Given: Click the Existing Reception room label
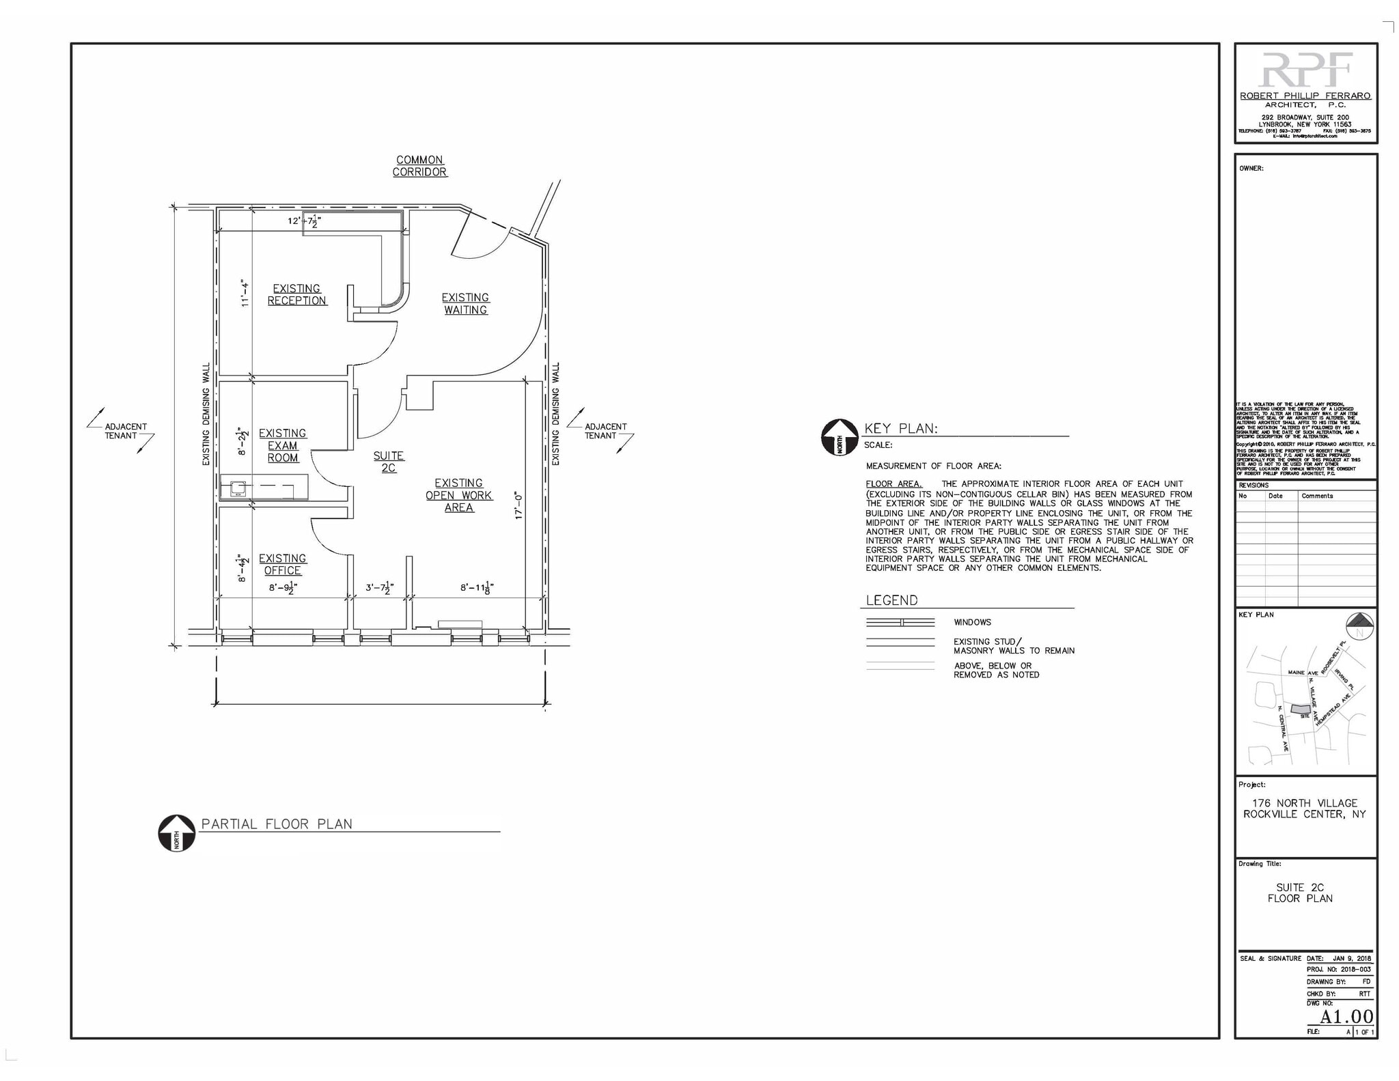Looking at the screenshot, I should (x=296, y=294).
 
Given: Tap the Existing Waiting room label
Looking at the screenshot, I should (x=465, y=303).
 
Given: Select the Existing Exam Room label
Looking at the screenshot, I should (x=282, y=445).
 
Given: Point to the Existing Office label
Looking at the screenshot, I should (x=282, y=564).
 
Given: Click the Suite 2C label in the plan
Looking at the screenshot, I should (x=388, y=462).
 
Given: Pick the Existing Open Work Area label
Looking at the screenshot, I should (x=458, y=495).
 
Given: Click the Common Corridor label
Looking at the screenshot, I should (x=419, y=166).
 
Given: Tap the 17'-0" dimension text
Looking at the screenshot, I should (x=518, y=506).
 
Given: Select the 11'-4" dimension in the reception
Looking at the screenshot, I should (x=245, y=293).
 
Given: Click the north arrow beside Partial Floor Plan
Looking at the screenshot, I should (x=176, y=833).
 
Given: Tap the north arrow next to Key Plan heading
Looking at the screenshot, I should (x=839, y=437).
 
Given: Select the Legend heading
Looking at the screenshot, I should (x=891, y=600).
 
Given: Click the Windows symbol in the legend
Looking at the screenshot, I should (x=900, y=622).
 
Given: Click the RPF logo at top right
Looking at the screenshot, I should (x=1305, y=70).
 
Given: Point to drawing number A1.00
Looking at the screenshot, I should (x=1346, y=1017).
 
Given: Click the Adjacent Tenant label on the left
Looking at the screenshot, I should (x=125, y=431).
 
